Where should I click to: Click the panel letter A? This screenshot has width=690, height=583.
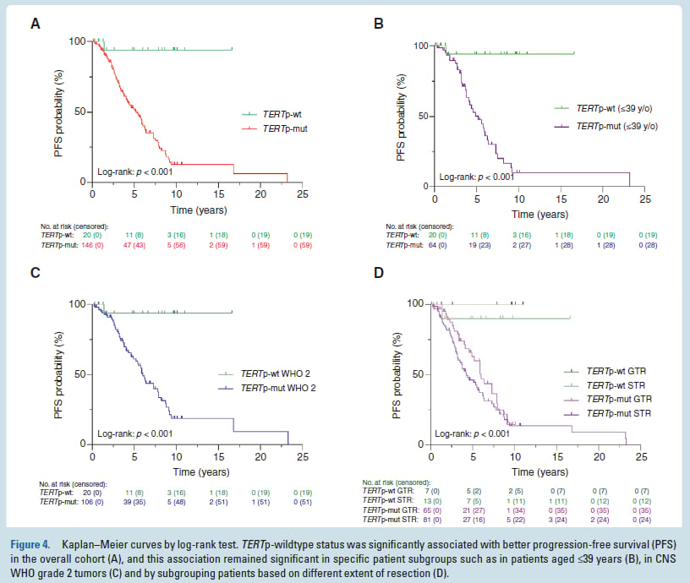[35, 24]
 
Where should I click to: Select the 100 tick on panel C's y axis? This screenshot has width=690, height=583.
[79, 303]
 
